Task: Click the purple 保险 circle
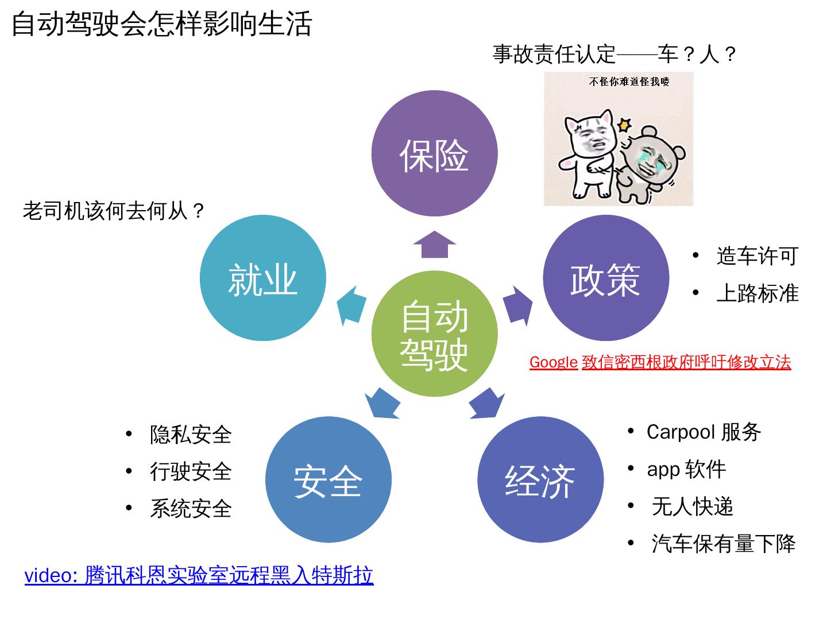coord(434,154)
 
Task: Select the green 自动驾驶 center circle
coord(434,334)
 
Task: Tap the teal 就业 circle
coord(263,278)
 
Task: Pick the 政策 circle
coord(605,278)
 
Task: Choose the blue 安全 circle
coord(328,479)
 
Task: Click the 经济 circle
coord(540,479)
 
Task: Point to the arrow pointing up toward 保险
coord(435,245)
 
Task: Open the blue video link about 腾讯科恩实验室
coord(199,575)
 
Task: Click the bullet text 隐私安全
coord(191,435)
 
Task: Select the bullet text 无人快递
coord(692,507)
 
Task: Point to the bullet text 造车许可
coord(757,256)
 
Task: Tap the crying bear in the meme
coord(652,164)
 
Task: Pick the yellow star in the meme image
coord(624,124)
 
